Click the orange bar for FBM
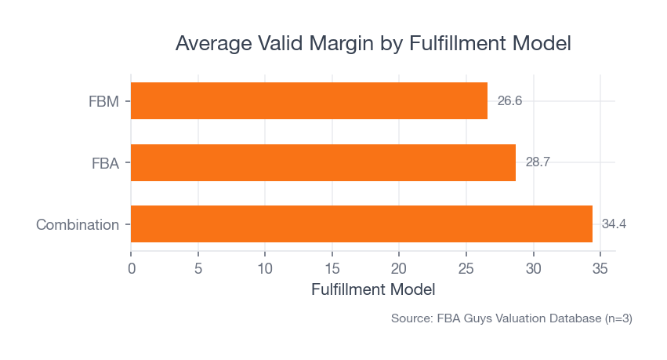point(309,101)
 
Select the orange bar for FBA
point(323,162)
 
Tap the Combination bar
point(361,224)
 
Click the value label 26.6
point(509,101)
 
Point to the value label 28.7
point(538,162)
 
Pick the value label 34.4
point(614,224)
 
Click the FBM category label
point(103,101)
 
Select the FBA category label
point(105,163)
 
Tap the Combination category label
point(78,224)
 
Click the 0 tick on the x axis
point(131,268)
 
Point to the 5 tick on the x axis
point(198,268)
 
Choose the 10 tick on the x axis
point(265,268)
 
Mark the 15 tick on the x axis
point(332,268)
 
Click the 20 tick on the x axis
point(399,268)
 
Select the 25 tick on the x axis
point(466,268)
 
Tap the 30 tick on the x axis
point(533,268)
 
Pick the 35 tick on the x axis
point(600,268)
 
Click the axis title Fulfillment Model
point(373,289)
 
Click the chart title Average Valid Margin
point(373,43)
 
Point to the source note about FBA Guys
point(511,319)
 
